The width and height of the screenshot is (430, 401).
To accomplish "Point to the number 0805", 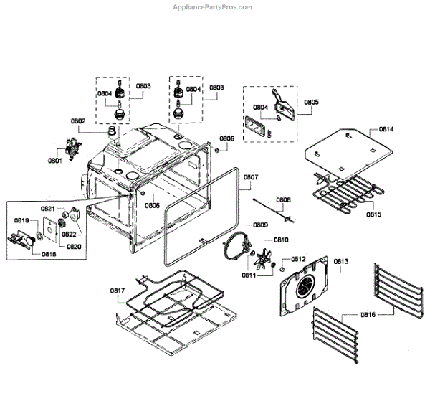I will [311, 103].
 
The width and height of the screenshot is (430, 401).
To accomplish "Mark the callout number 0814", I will [386, 130].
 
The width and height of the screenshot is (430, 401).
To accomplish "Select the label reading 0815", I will [374, 214].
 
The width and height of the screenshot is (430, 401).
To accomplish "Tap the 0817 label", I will [118, 291].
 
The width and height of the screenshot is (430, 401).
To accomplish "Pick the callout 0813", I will [340, 262].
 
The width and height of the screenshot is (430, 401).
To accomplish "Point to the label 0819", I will [21, 220].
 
